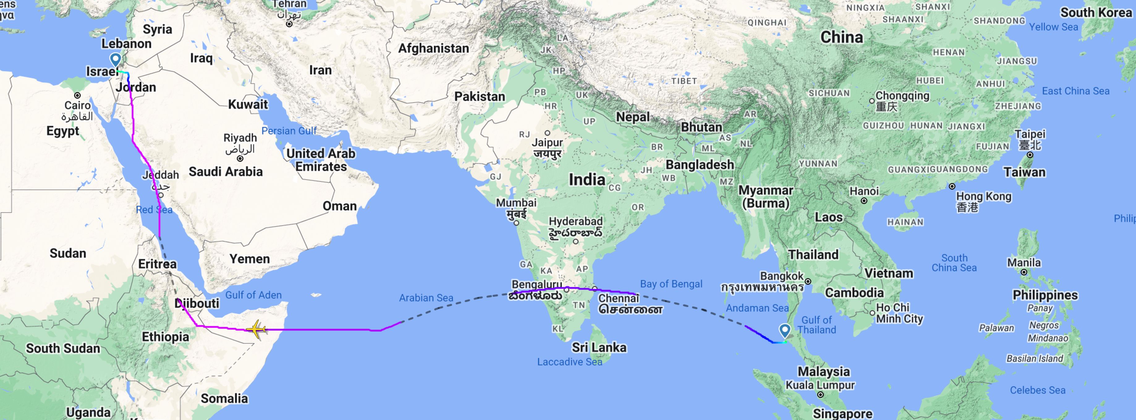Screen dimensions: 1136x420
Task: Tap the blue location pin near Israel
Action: click(116, 59)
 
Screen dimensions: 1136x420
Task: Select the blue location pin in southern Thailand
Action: click(785, 330)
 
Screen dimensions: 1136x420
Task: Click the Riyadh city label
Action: click(240, 138)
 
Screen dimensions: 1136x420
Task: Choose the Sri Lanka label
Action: click(599, 347)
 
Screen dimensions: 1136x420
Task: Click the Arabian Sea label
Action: click(426, 298)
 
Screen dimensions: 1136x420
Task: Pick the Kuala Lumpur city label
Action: click(820, 385)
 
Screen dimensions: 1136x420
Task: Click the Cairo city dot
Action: click(78, 95)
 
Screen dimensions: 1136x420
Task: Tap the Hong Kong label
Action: click(983, 196)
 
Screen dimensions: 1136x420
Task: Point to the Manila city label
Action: click(1024, 263)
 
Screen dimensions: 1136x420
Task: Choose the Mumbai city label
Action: click(516, 203)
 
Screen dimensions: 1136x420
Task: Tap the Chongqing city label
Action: click(902, 96)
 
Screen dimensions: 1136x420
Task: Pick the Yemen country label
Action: click(250, 259)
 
